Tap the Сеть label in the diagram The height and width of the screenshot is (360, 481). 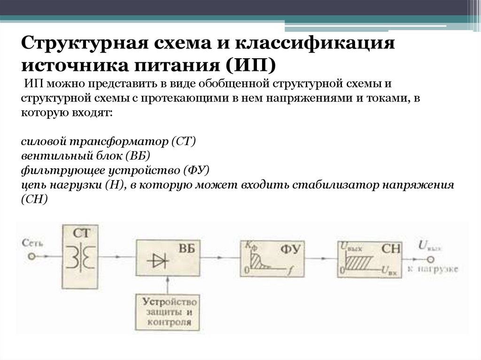32,243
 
